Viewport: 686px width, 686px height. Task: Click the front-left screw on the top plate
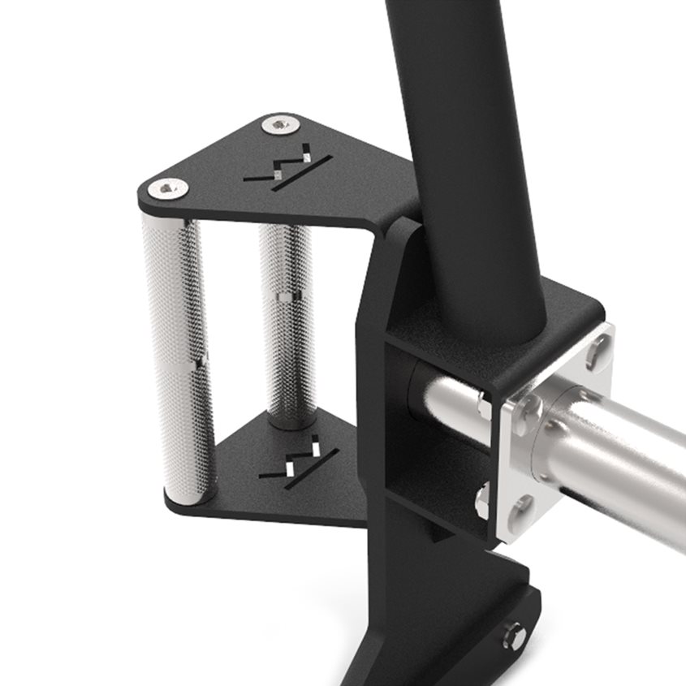pos(169,188)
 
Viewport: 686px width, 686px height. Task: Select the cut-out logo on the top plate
pos(291,168)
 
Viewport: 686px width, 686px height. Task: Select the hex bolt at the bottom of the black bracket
pos(513,635)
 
